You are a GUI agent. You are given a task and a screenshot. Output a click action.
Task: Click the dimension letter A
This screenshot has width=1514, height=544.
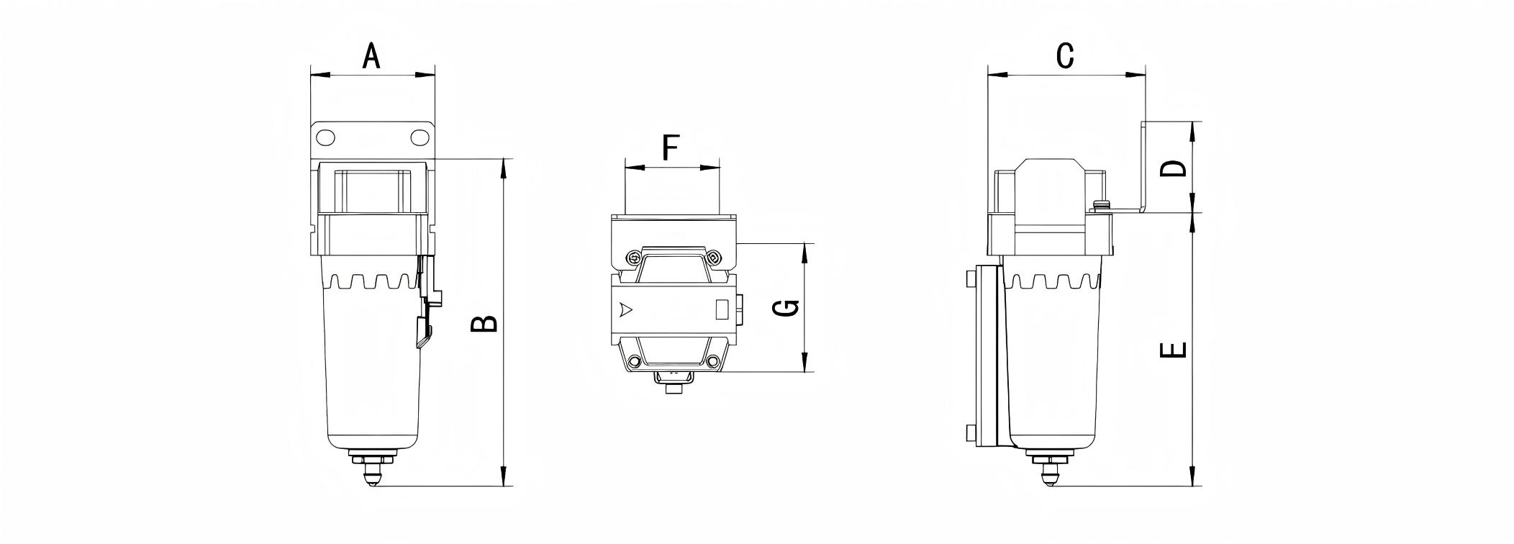click(x=371, y=55)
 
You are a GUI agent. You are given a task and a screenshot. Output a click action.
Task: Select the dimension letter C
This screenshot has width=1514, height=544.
click(x=1065, y=55)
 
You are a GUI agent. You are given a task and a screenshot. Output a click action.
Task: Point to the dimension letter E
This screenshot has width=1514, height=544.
click(x=1174, y=350)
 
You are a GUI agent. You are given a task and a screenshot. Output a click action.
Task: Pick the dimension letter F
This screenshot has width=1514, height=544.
click(x=671, y=148)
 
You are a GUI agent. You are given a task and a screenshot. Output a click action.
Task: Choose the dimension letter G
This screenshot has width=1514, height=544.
click(x=787, y=308)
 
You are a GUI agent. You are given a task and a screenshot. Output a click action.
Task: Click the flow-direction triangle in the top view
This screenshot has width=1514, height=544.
click(x=625, y=310)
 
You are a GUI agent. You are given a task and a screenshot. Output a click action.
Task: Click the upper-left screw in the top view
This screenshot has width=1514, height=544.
click(x=633, y=257)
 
